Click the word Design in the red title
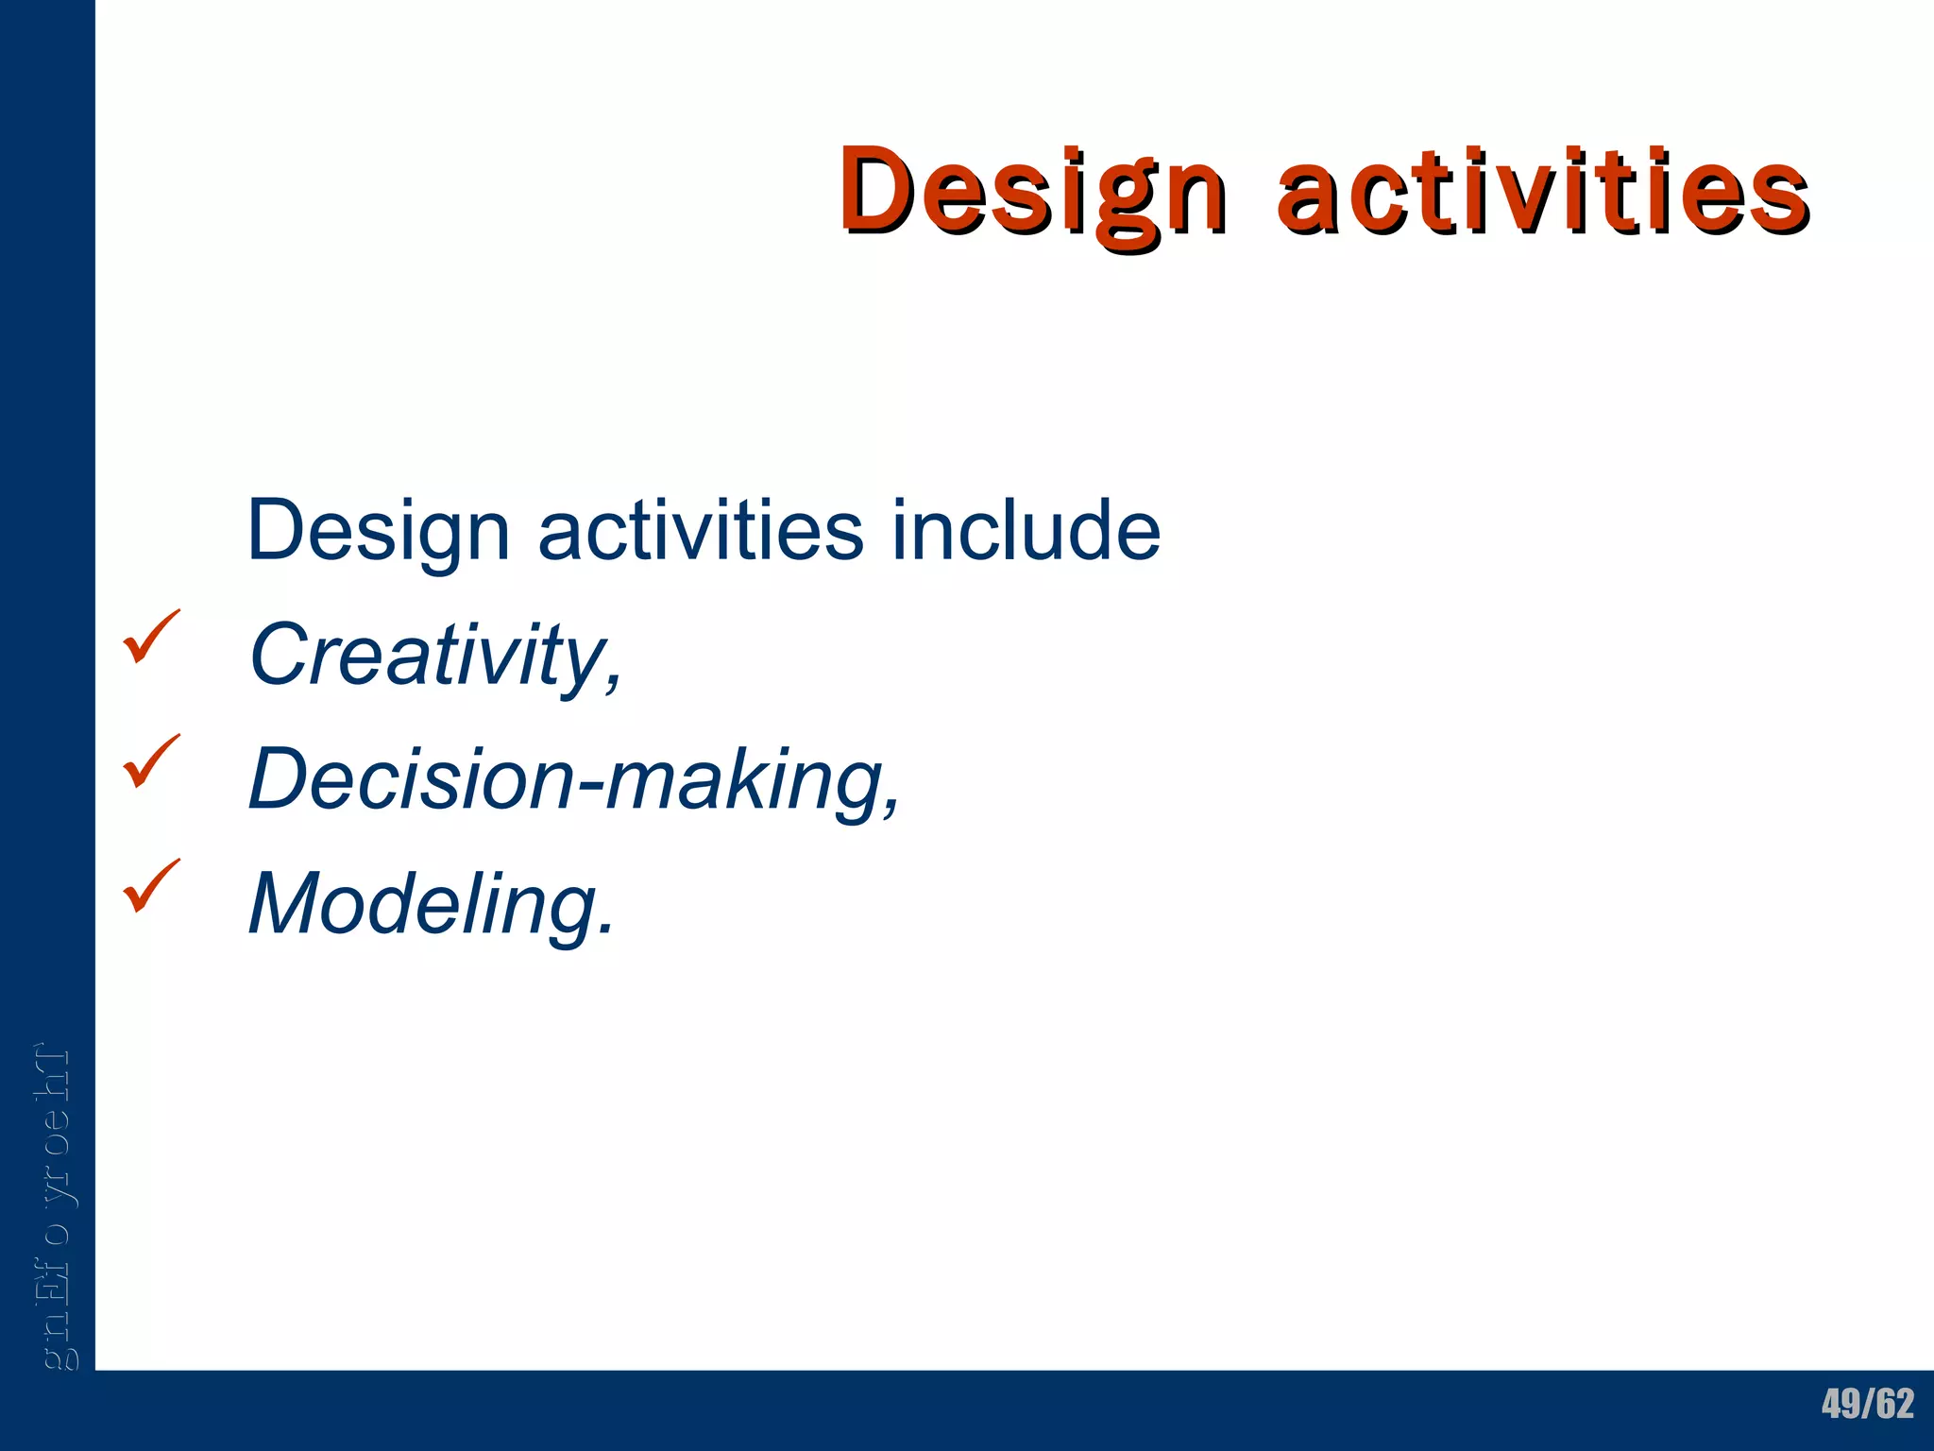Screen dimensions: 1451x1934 1033,192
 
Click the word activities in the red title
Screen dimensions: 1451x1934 1541,192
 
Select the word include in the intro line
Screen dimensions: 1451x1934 1026,531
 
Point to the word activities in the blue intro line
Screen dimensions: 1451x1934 700,531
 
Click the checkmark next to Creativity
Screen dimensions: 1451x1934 150,637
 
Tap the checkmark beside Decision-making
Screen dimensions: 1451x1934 150,761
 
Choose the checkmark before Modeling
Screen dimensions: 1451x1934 150,886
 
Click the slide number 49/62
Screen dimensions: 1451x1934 1867,1404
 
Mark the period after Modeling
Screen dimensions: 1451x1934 605,929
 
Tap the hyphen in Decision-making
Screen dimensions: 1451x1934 589,787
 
